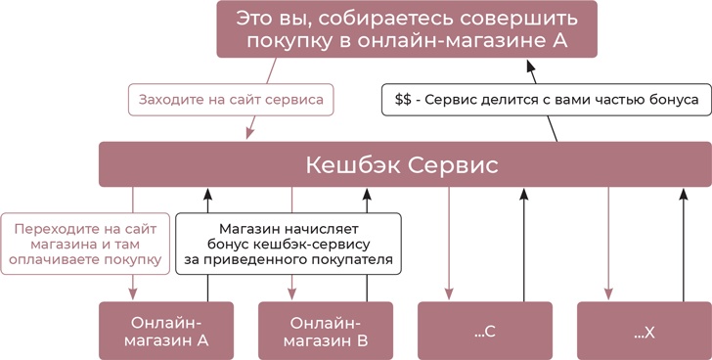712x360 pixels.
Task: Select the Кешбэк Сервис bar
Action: point(403,164)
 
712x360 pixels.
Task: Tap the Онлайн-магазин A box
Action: point(167,331)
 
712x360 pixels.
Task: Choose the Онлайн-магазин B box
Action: point(326,331)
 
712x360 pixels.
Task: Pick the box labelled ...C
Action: point(485,331)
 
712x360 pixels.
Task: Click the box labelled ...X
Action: point(644,331)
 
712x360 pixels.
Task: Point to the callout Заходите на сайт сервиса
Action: point(231,99)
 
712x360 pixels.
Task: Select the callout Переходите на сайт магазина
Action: point(82,244)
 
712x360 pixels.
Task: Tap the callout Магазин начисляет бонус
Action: point(289,244)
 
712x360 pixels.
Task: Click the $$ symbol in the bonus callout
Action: point(402,99)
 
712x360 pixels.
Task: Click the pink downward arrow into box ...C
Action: point(448,245)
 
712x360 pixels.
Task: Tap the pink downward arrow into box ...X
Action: point(607,245)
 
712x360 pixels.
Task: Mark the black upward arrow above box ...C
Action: point(523,245)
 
